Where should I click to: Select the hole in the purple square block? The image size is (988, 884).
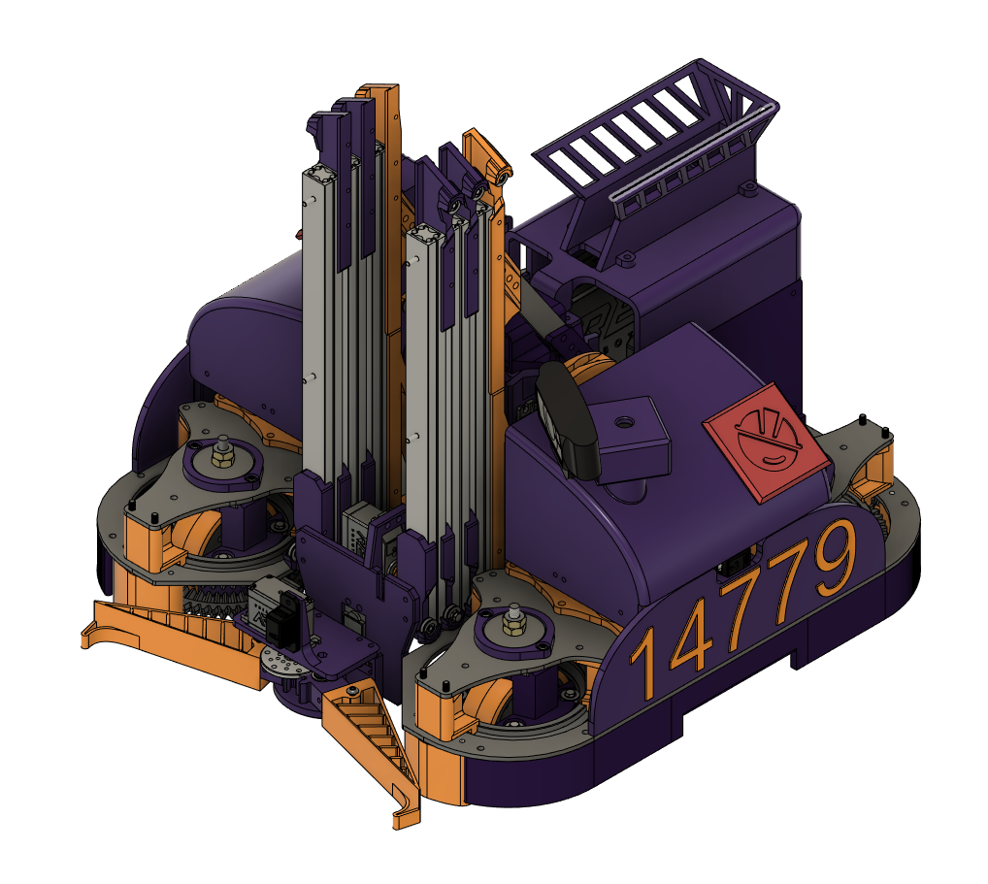[x=624, y=423]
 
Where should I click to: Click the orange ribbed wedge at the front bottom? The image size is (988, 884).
[x=374, y=737]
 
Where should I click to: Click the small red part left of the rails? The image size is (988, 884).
[x=299, y=233]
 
